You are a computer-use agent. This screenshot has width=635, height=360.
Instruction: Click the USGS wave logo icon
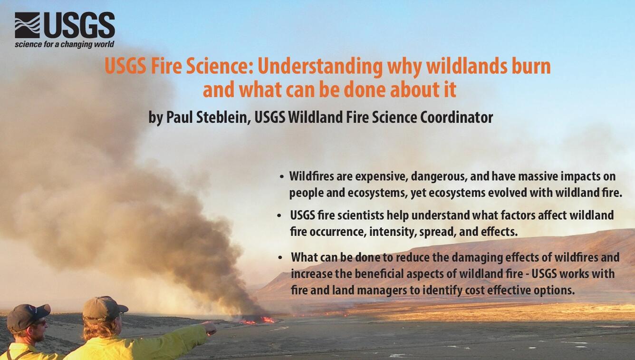[x=27, y=25]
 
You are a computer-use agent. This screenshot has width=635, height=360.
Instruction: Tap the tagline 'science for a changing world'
[x=64, y=44]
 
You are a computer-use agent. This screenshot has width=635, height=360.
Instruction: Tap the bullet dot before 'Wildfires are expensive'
[x=281, y=177]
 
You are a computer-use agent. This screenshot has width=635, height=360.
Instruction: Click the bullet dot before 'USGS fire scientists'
[x=279, y=216]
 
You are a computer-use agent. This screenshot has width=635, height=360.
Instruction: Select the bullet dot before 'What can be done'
[x=280, y=258]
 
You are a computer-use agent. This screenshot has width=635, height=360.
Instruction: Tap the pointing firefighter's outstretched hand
[x=209, y=328]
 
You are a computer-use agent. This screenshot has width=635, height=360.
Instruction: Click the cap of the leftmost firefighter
[x=28, y=316]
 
